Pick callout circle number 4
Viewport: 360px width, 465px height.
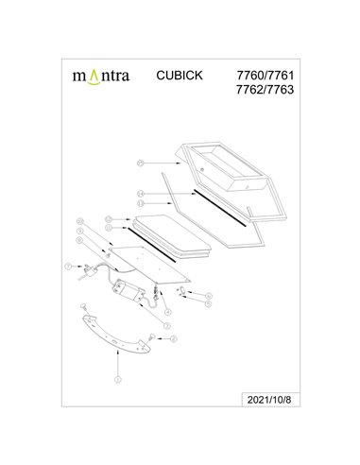coord(166,313)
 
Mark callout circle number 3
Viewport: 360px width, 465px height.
coord(166,326)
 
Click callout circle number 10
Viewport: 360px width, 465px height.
coord(80,223)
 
